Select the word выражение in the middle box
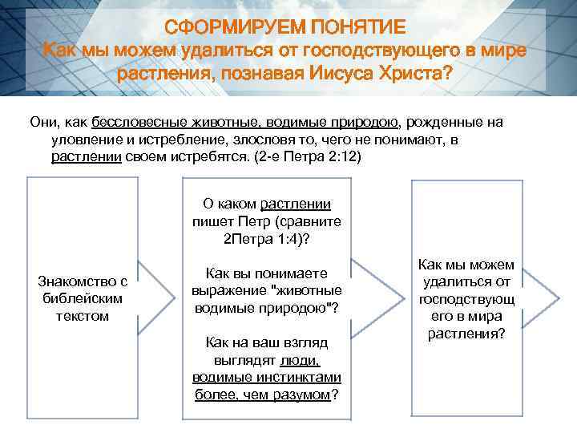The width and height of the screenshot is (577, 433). (x=228, y=289)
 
